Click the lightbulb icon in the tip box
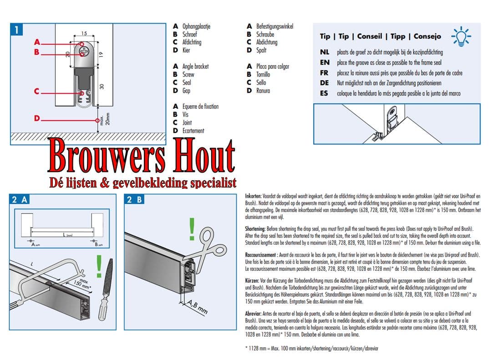pyautogui.click(x=461, y=36)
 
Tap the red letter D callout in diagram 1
pyautogui.click(x=37, y=118)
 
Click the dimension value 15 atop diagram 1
pyautogui.click(x=84, y=34)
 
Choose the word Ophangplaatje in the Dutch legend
pyautogui.click(x=196, y=26)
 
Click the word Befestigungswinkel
pyautogui.click(x=274, y=26)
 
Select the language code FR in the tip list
pyautogui.click(x=325, y=73)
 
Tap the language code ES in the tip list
pyautogui.click(x=325, y=93)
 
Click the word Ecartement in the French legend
pyautogui.click(x=193, y=131)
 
